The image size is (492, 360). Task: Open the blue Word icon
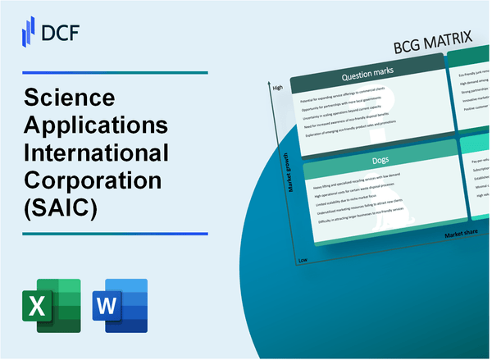point(120,305)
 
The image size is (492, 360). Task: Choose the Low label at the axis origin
point(301,258)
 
